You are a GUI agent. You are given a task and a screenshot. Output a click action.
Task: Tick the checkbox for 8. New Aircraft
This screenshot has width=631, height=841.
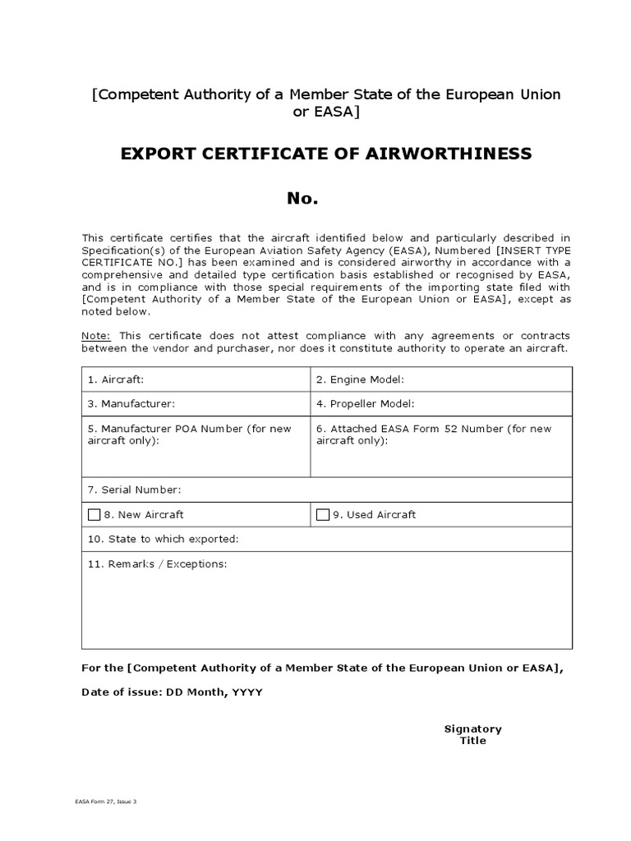tap(94, 514)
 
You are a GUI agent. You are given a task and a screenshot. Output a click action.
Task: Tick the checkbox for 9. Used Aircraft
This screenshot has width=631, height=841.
tap(323, 514)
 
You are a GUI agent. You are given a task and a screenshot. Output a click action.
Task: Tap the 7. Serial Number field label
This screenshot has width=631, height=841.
tap(134, 489)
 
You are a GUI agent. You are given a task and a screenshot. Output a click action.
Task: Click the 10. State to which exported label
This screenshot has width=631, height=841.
tap(163, 539)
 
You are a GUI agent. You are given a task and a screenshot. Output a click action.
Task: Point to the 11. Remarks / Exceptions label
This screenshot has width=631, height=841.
tap(157, 564)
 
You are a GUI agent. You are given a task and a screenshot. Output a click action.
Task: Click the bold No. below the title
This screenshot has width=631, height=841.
tap(302, 198)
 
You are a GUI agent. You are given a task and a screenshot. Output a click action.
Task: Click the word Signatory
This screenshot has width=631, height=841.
tap(472, 728)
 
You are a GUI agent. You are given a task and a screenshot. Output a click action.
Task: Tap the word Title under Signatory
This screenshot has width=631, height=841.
tap(472, 740)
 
